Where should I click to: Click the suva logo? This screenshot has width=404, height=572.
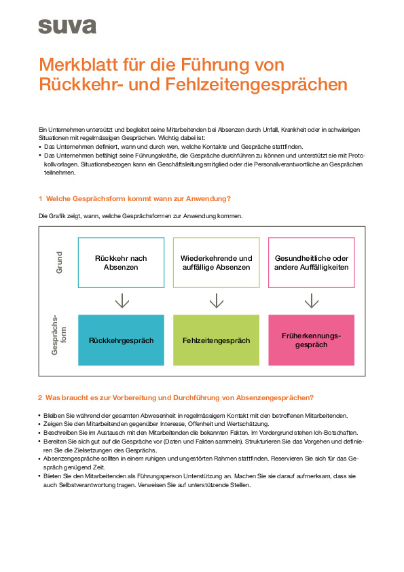(x=67, y=26)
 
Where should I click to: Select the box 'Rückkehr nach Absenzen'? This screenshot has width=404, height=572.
(x=121, y=262)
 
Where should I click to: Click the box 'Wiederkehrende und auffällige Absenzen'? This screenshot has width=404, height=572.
(x=216, y=262)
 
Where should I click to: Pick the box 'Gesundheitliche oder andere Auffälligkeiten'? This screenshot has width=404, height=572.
(x=312, y=262)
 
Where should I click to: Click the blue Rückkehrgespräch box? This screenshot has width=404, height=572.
(x=121, y=340)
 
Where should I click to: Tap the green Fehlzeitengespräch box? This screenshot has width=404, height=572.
(x=216, y=340)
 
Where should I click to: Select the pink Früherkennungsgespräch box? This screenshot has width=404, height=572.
(x=312, y=340)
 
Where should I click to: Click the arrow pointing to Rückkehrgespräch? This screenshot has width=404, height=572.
(x=122, y=301)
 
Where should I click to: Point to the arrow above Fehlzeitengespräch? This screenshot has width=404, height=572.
(x=217, y=301)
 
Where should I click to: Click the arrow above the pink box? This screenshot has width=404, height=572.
(x=312, y=301)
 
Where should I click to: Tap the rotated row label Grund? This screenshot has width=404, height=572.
(x=59, y=262)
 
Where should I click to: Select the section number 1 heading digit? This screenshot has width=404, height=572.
(x=40, y=198)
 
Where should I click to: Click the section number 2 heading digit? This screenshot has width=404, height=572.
(x=40, y=397)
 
